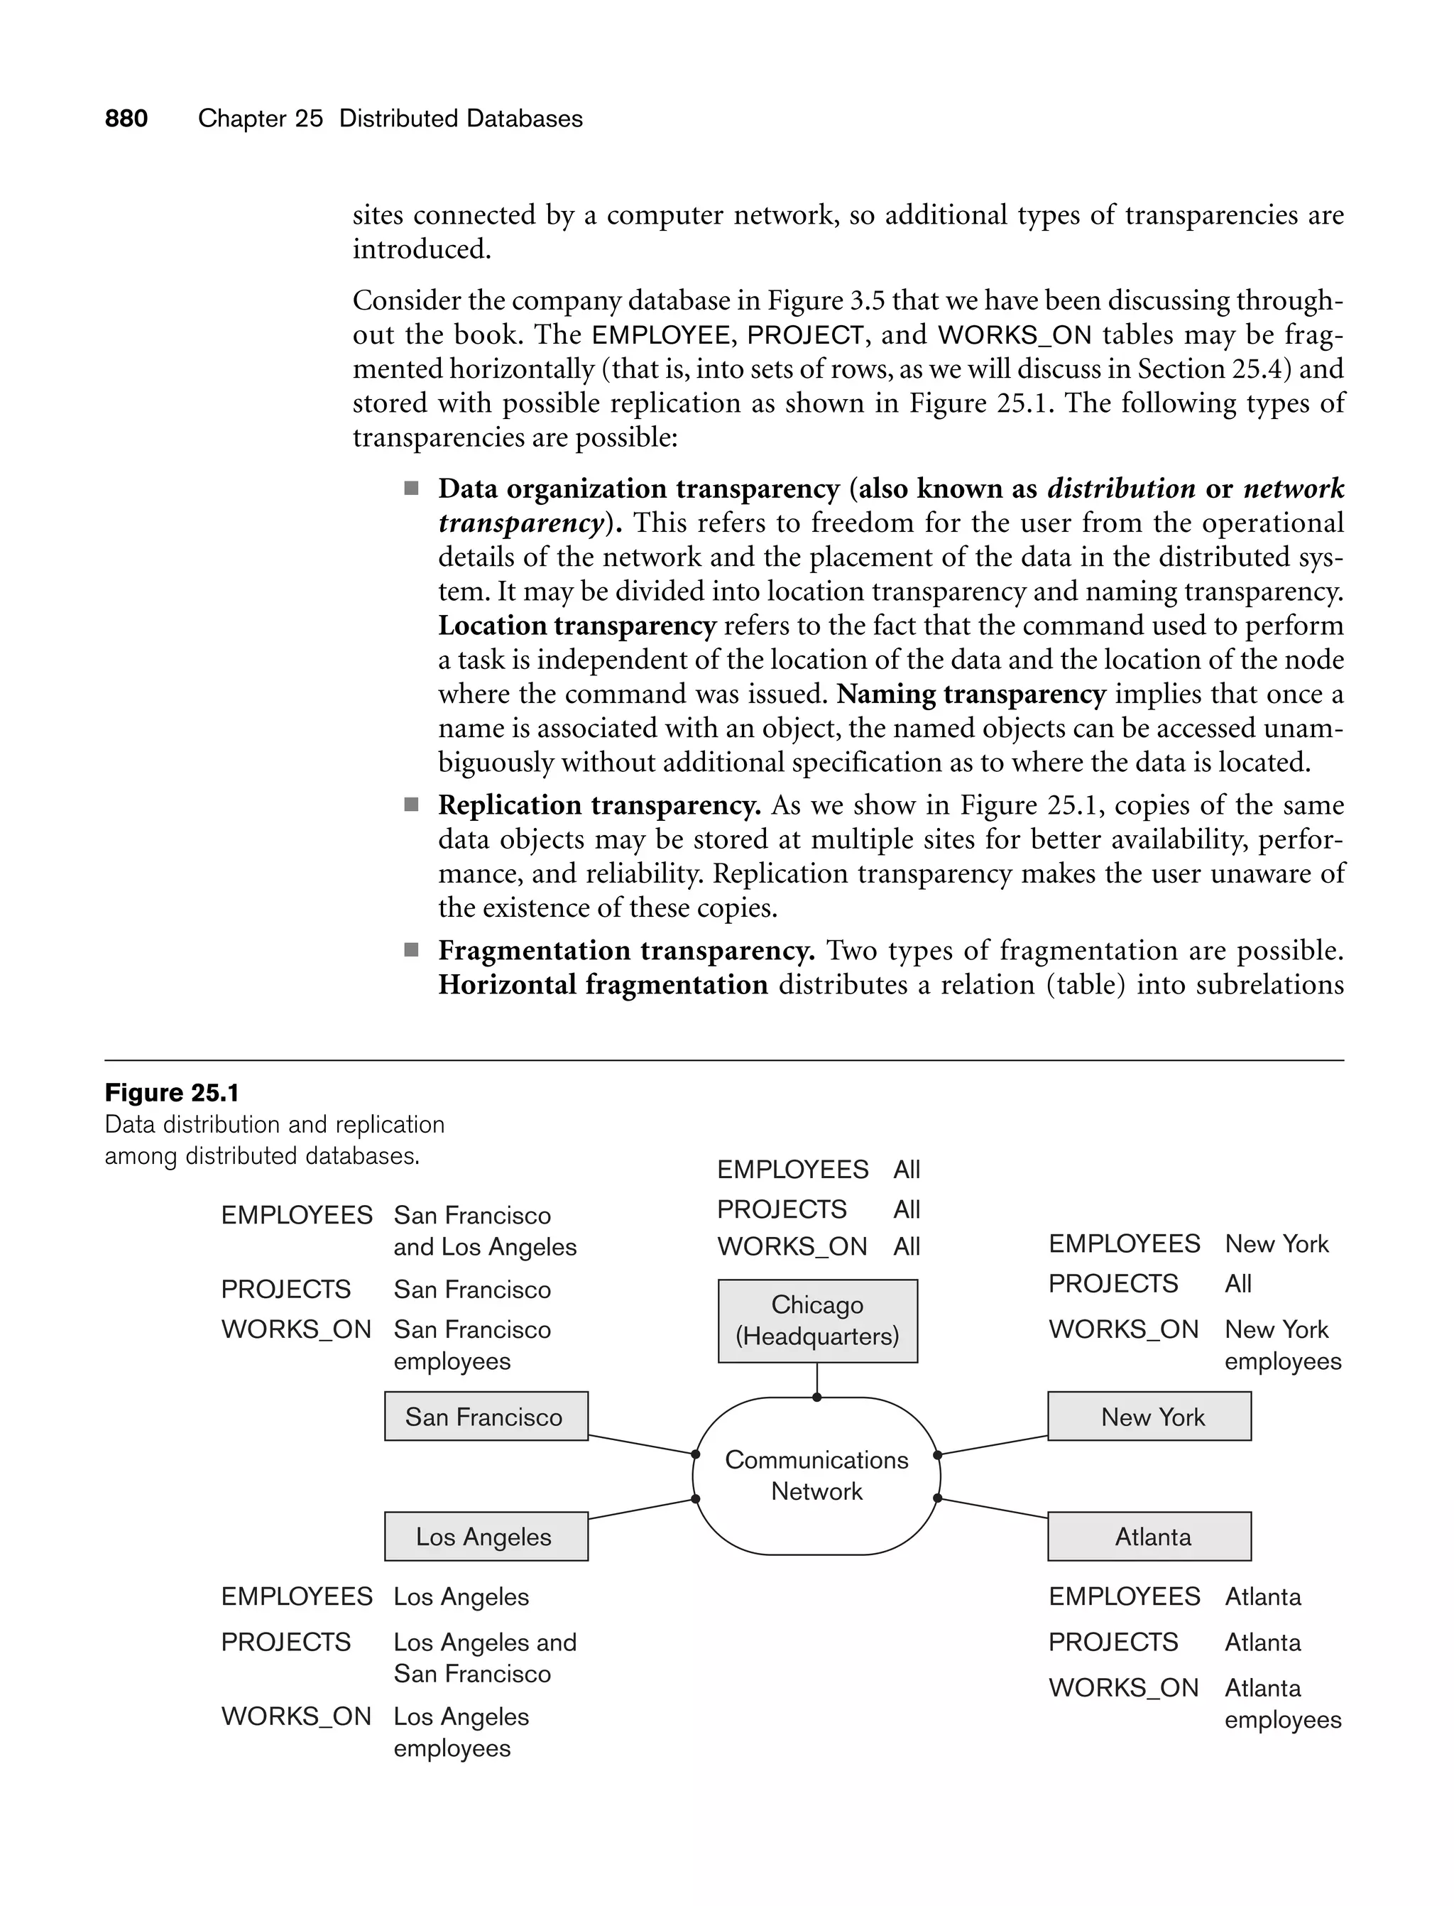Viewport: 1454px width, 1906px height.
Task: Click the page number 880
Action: click(x=126, y=119)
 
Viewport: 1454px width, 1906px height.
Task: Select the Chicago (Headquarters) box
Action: click(x=817, y=1321)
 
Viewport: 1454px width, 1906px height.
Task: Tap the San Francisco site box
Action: click(x=486, y=1417)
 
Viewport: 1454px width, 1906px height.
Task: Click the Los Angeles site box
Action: click(x=486, y=1537)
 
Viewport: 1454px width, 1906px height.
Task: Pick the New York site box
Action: click(x=1149, y=1417)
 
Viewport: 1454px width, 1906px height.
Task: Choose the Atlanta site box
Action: click(x=1149, y=1537)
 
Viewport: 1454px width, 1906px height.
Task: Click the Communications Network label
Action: click(x=816, y=1476)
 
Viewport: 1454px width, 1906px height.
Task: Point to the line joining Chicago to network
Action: click(x=817, y=1379)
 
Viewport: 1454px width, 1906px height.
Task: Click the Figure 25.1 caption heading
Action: click(x=171, y=1093)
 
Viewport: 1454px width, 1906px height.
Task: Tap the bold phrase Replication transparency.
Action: click(x=599, y=805)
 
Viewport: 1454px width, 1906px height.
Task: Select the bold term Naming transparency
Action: click(x=971, y=695)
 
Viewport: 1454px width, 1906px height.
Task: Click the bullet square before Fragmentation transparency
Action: click(x=411, y=950)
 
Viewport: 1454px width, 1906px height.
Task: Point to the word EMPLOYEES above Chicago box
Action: click(x=792, y=1170)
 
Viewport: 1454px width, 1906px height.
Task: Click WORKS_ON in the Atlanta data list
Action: click(x=1123, y=1688)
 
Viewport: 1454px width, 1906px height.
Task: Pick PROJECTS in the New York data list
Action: click(x=1113, y=1284)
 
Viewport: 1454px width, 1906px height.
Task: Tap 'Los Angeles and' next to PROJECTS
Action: click(x=485, y=1642)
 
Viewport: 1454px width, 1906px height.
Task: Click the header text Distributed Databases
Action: click(x=461, y=119)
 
